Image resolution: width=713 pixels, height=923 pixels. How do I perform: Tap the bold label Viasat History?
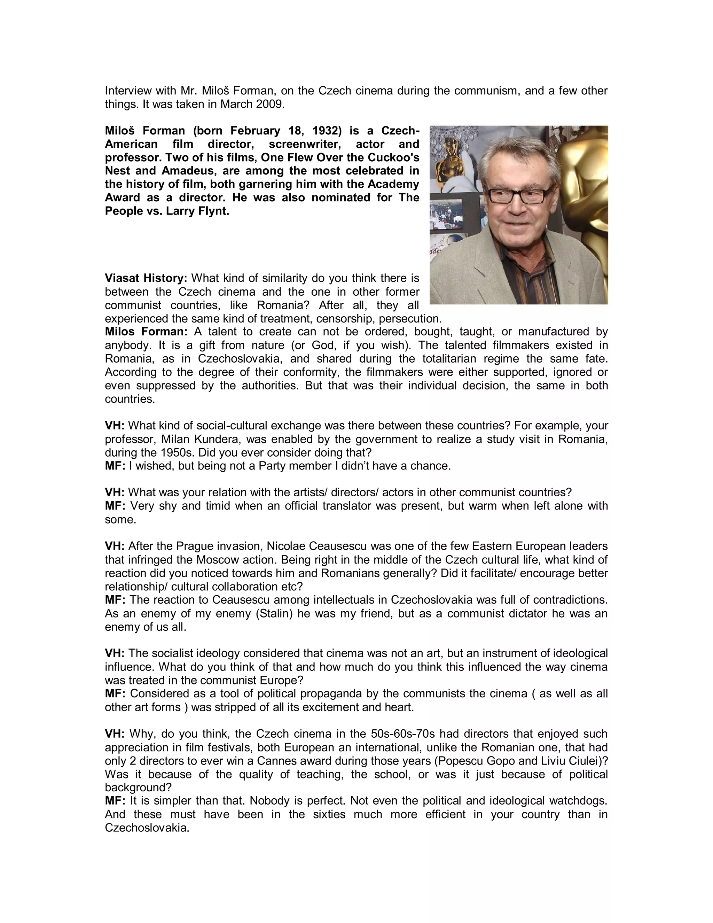tap(146, 278)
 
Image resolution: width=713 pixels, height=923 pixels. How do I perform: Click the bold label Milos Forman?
tap(146, 332)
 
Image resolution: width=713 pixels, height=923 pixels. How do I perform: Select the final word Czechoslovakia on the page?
tap(147, 828)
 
